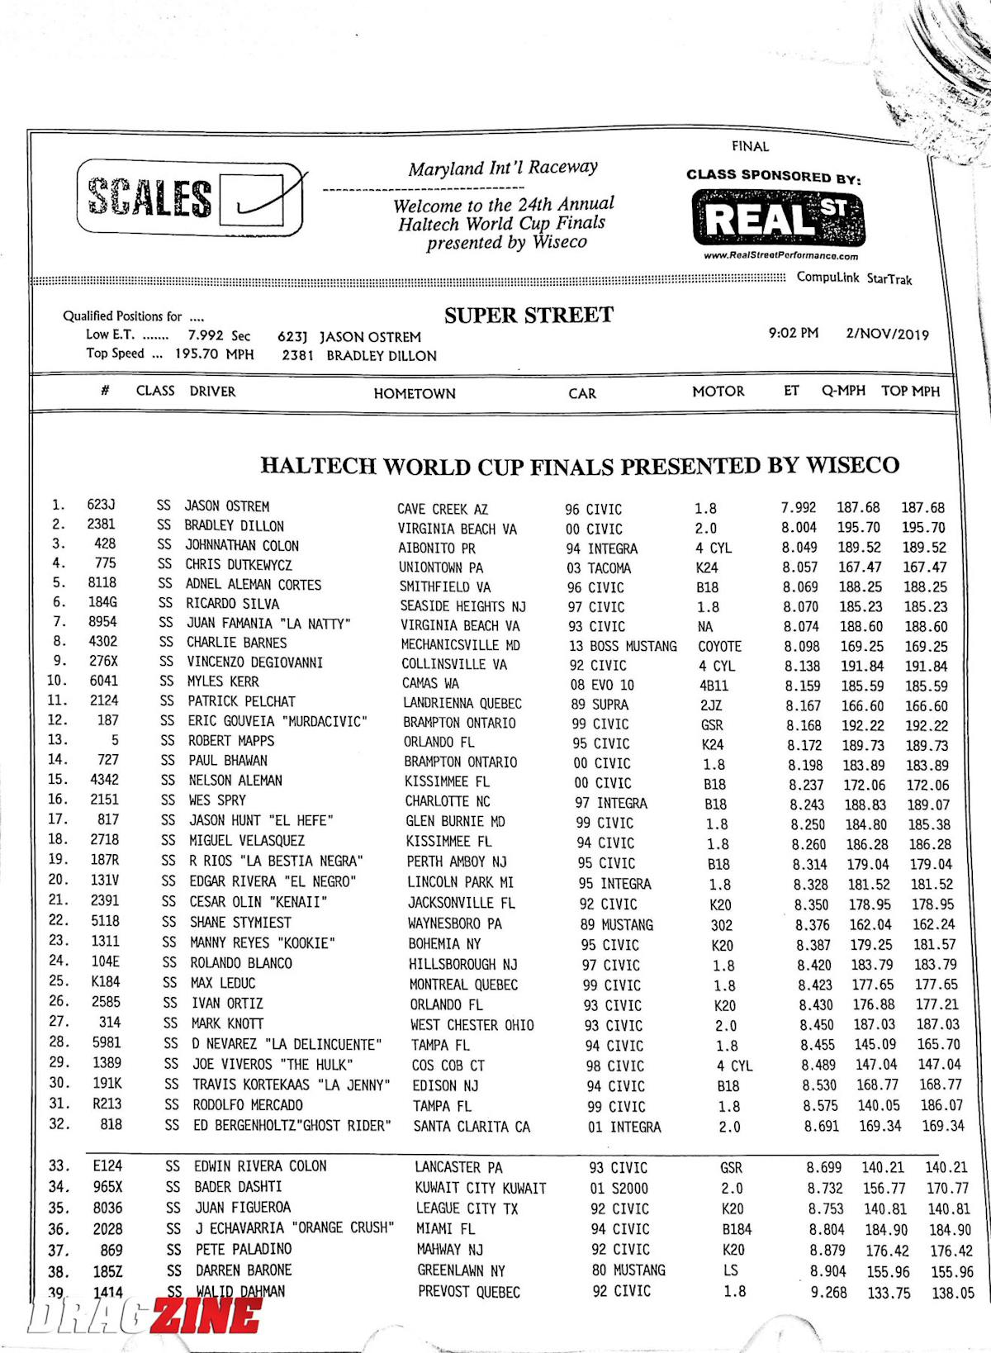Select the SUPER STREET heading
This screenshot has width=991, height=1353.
coord(529,316)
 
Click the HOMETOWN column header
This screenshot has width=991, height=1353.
coord(415,394)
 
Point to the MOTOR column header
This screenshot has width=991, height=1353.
coord(718,392)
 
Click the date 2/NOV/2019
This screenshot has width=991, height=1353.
coord(887,335)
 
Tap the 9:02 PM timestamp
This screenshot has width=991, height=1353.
coord(793,333)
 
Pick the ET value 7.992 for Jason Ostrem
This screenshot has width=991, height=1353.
coord(799,507)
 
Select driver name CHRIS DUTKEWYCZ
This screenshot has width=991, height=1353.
coord(239,565)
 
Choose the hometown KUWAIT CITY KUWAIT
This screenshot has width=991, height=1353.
coord(481,1188)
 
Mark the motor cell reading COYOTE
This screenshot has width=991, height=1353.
coord(719,646)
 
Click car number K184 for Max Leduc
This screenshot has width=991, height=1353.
coord(105,982)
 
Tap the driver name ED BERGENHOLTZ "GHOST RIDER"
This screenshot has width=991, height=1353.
coord(292,1126)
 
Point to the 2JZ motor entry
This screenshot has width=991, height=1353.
coord(710,705)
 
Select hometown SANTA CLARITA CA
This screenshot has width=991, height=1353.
coord(472,1127)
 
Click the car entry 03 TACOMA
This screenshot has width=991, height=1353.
coord(599,568)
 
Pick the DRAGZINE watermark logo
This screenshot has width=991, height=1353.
coord(145,1315)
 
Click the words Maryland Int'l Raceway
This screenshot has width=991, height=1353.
coord(502,169)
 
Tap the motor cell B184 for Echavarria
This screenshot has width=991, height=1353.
coord(737,1229)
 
